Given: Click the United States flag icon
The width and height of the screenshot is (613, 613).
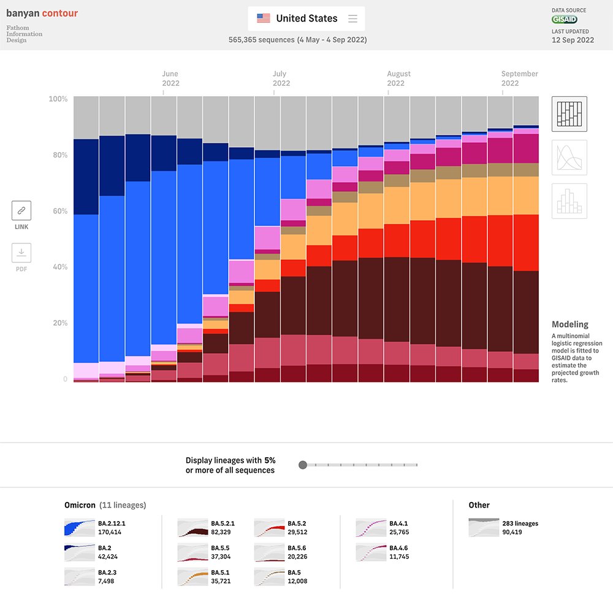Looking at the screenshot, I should tap(264, 18).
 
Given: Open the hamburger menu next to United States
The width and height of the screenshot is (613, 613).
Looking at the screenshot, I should tap(352, 18).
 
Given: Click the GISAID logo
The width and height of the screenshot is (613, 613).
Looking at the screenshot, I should tap(564, 20).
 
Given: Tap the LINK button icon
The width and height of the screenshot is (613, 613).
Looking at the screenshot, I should tap(21, 211).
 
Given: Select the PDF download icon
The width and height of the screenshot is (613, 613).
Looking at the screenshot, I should tap(21, 253).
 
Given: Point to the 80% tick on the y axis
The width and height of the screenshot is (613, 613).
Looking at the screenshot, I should tap(58, 155).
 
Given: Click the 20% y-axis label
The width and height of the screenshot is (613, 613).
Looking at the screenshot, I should tap(58, 323).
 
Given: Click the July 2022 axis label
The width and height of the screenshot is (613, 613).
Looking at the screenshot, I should tap(281, 78).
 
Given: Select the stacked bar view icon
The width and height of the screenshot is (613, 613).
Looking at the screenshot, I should tap(569, 114).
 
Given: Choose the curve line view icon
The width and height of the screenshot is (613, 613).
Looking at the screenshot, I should tap(569, 158).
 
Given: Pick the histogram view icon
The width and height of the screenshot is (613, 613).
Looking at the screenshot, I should tap(569, 201).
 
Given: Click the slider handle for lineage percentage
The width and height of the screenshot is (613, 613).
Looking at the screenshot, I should tap(302, 465).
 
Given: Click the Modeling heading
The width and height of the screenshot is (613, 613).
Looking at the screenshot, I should tap(569, 324).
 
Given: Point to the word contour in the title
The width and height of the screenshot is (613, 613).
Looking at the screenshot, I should tap(60, 13).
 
